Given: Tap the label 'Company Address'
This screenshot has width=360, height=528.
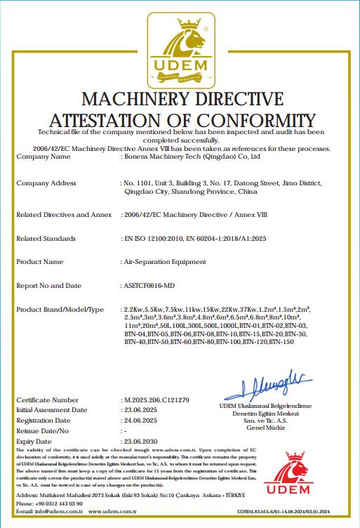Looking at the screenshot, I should pos(46,183).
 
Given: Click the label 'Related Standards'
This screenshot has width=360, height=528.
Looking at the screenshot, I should pos(46,239).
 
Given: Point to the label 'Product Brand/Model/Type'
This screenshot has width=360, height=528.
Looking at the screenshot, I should pos(60,310).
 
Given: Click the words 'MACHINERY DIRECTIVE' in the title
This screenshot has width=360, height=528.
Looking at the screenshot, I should pos(182,98).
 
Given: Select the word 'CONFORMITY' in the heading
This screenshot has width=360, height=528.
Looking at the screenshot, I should pos(244,118).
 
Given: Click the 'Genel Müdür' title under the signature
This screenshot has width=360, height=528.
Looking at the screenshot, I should pos(262,427).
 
